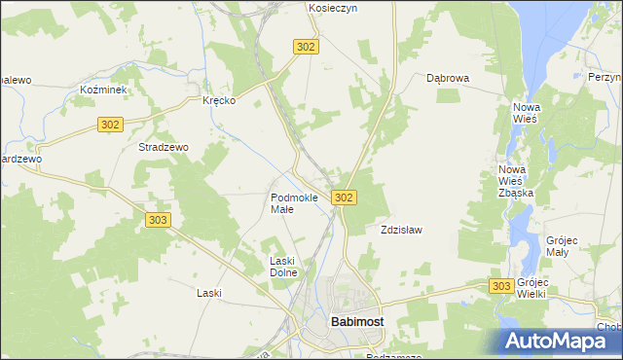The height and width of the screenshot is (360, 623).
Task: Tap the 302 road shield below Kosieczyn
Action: coord(305,47)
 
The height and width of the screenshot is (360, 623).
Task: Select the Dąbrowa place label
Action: coord(448,79)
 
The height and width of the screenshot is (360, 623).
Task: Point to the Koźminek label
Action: coord(99,90)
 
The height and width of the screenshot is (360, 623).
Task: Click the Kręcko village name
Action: coord(219,101)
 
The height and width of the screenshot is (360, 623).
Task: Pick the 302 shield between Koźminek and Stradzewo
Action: coord(110,124)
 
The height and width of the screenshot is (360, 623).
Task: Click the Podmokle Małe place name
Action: coord(294,203)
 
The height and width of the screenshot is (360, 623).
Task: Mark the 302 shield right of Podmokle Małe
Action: coord(343,198)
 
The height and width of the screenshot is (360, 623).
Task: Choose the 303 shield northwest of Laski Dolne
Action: coord(159,221)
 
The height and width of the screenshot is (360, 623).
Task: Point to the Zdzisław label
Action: coord(400,231)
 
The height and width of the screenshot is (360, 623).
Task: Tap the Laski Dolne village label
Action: coord(287,267)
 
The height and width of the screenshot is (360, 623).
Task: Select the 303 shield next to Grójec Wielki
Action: coord(501,285)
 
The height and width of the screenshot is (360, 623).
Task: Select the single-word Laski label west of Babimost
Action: coord(209,293)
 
